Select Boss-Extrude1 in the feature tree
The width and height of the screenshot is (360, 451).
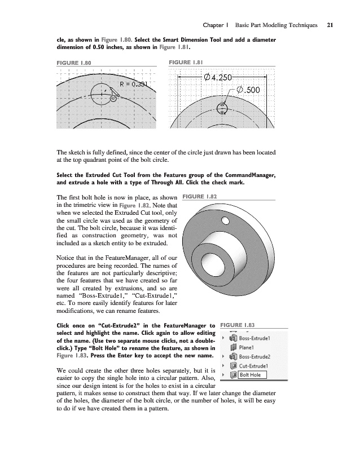pos(256,338)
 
